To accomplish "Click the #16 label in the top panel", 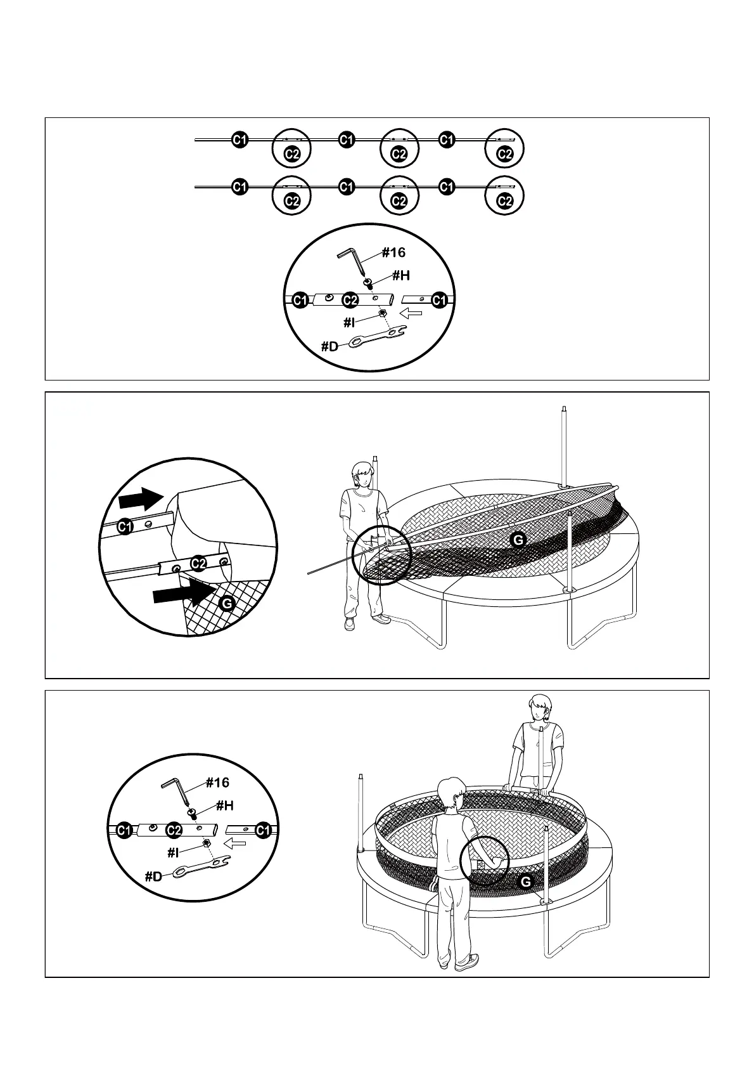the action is (393, 252).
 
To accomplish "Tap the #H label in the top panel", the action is (400, 275).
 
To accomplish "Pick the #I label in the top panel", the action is (350, 322).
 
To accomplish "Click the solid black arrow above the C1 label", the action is (141, 498).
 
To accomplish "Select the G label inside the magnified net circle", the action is (227, 603).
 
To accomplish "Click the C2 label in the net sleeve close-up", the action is (198, 563).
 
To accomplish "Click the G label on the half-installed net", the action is (518, 540).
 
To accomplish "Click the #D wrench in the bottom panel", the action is (200, 868).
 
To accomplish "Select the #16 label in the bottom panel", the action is (217, 783).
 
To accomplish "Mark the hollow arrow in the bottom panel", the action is (236, 843).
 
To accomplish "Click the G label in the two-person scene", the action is (525, 881).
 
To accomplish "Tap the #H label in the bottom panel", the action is (224, 805).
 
